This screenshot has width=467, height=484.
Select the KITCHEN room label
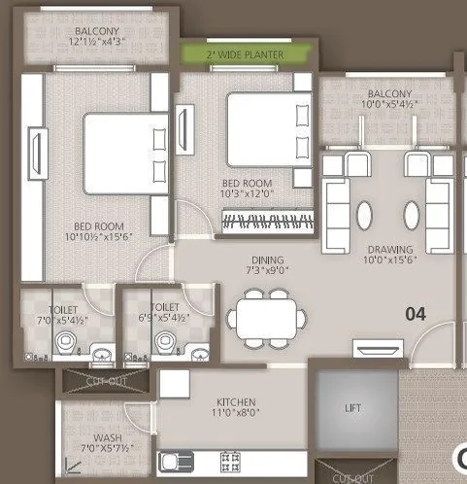click(x=236, y=401)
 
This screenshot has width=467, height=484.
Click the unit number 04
click(x=417, y=315)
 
